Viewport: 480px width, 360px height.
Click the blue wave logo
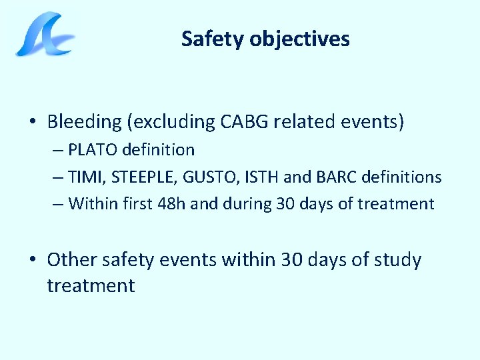point(45,35)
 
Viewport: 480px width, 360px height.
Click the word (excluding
point(171,121)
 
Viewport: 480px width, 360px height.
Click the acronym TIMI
point(83,177)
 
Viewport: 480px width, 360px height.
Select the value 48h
point(171,203)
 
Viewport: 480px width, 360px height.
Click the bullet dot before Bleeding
point(33,122)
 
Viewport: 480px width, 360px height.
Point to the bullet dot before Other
point(33,260)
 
